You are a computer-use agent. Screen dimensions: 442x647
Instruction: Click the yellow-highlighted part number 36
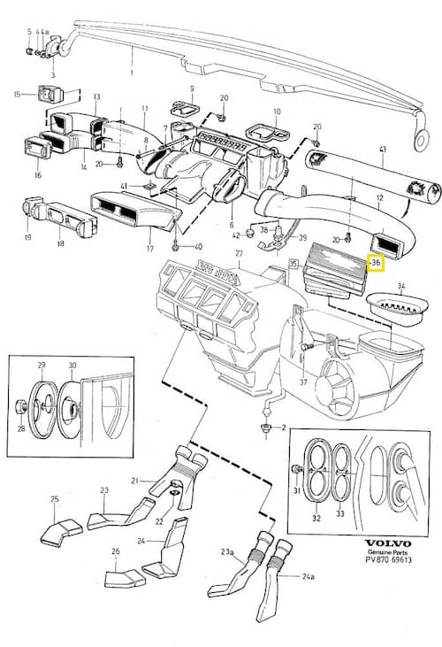(376, 263)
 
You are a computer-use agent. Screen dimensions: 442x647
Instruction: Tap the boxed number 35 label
(293, 264)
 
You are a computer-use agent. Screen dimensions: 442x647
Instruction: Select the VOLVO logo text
(388, 543)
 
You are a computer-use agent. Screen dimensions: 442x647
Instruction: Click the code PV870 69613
(388, 560)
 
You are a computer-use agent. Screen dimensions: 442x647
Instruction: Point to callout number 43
(382, 149)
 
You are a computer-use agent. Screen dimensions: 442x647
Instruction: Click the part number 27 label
(239, 254)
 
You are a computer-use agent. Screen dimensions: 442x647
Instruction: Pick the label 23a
(227, 551)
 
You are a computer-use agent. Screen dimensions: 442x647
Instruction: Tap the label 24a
(309, 576)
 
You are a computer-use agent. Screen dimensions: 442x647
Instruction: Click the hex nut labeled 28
(20, 408)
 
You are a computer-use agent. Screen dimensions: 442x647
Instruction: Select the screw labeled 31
(295, 469)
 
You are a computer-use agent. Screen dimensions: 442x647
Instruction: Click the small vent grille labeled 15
(50, 95)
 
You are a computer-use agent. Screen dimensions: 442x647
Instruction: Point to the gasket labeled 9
(185, 107)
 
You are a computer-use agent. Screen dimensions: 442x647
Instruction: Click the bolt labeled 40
(176, 246)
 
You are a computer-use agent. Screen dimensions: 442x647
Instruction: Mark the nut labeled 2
(266, 427)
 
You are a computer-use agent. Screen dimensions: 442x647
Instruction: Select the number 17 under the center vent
(150, 249)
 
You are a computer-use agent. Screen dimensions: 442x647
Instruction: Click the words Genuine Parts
(387, 552)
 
